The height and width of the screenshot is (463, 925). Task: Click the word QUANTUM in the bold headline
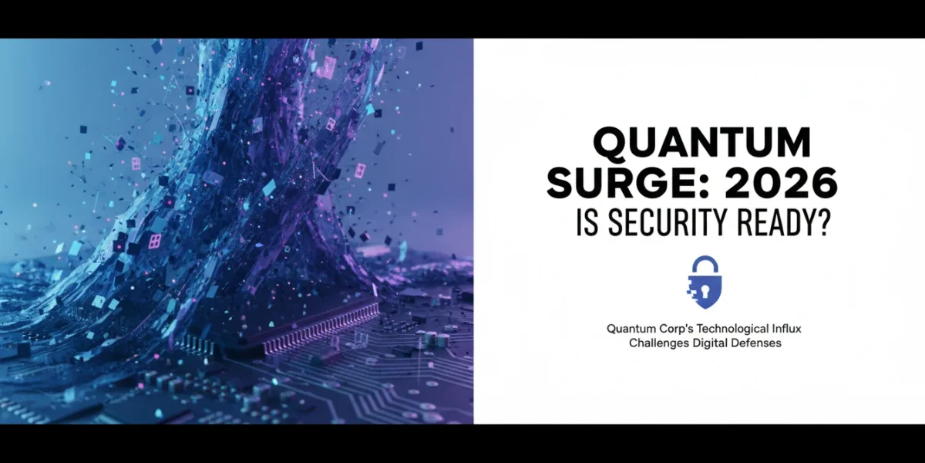pyautogui.click(x=702, y=143)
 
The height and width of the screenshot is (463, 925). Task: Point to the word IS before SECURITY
pyautogui.click(x=587, y=222)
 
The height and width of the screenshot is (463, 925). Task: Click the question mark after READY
pyautogui.click(x=822, y=222)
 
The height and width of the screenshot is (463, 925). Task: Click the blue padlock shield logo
pyautogui.click(x=705, y=282)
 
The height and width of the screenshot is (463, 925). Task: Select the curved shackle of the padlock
pyautogui.click(x=705, y=262)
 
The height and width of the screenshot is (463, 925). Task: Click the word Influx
pyautogui.click(x=785, y=329)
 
